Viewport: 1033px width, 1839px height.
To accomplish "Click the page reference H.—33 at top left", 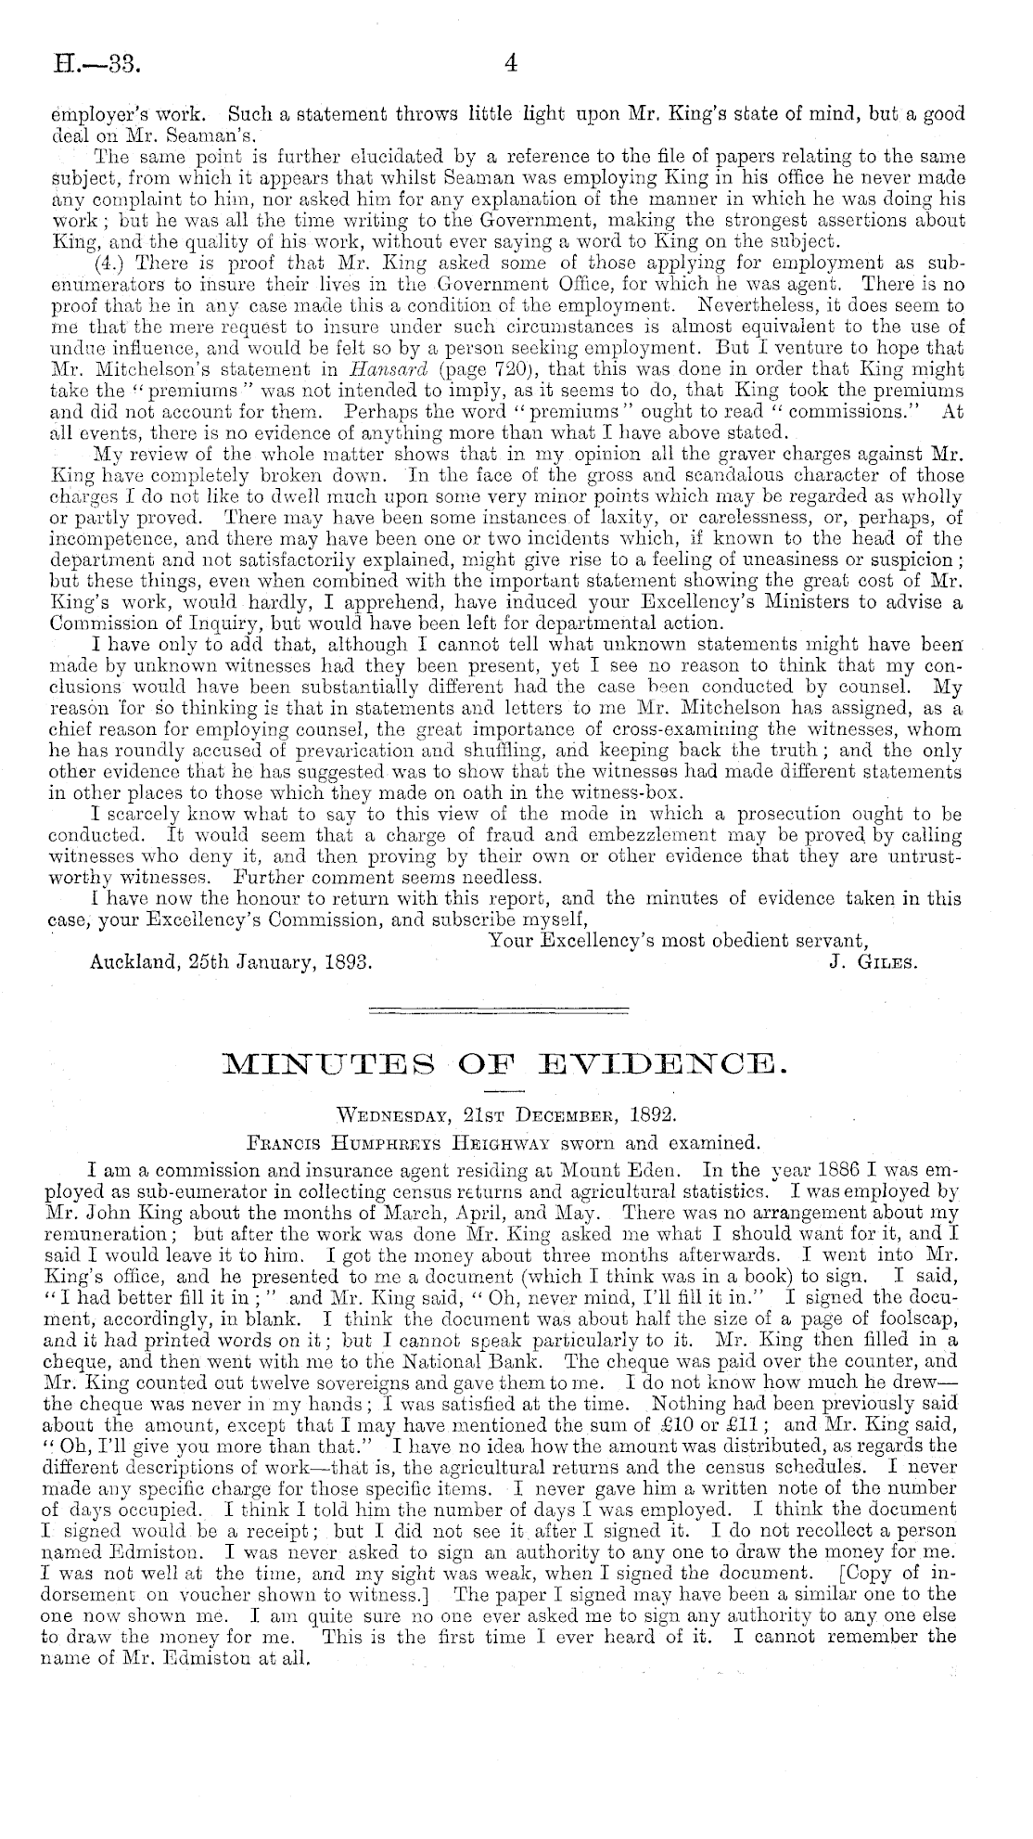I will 86,65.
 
